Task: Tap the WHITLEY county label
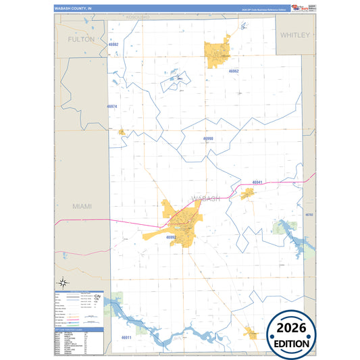click(x=294, y=34)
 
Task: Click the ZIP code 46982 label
click(x=113, y=45)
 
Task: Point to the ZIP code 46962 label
click(x=234, y=71)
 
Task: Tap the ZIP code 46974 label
click(x=111, y=107)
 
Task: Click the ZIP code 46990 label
click(x=208, y=138)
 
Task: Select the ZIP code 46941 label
click(x=257, y=182)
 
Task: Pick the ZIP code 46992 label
click(x=171, y=237)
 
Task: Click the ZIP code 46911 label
click(x=126, y=337)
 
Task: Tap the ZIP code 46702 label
click(x=309, y=215)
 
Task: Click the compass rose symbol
click(x=62, y=282)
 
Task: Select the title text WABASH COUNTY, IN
click(x=72, y=9)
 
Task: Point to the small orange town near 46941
click(x=248, y=193)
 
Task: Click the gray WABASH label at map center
click(x=206, y=198)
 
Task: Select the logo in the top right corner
click(x=295, y=7)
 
